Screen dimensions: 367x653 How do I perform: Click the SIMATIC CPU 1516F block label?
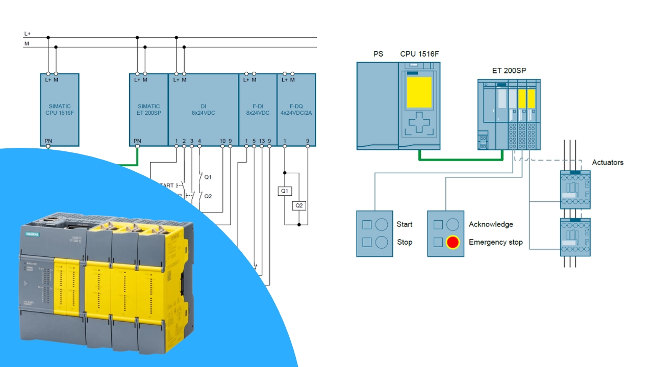60,110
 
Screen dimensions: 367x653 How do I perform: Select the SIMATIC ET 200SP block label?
149,110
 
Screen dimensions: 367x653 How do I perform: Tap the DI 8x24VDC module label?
203,110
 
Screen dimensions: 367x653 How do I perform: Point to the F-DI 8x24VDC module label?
258,110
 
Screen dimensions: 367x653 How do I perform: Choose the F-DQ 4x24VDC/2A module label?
296,110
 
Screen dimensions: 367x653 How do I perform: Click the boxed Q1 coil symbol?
285,191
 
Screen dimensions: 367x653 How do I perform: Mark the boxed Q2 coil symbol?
299,205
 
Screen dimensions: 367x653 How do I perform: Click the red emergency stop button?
453,242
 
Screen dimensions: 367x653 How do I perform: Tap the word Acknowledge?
491,224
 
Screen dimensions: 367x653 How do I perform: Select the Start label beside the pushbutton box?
405,224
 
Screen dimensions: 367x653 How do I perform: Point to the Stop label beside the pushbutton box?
405,242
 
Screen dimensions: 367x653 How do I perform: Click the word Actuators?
608,162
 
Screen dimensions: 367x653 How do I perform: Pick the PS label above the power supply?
378,54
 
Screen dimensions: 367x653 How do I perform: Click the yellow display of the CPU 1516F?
419,92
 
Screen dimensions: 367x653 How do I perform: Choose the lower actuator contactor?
575,237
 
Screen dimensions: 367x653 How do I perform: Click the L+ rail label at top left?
27,34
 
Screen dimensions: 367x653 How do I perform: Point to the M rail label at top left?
26,44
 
